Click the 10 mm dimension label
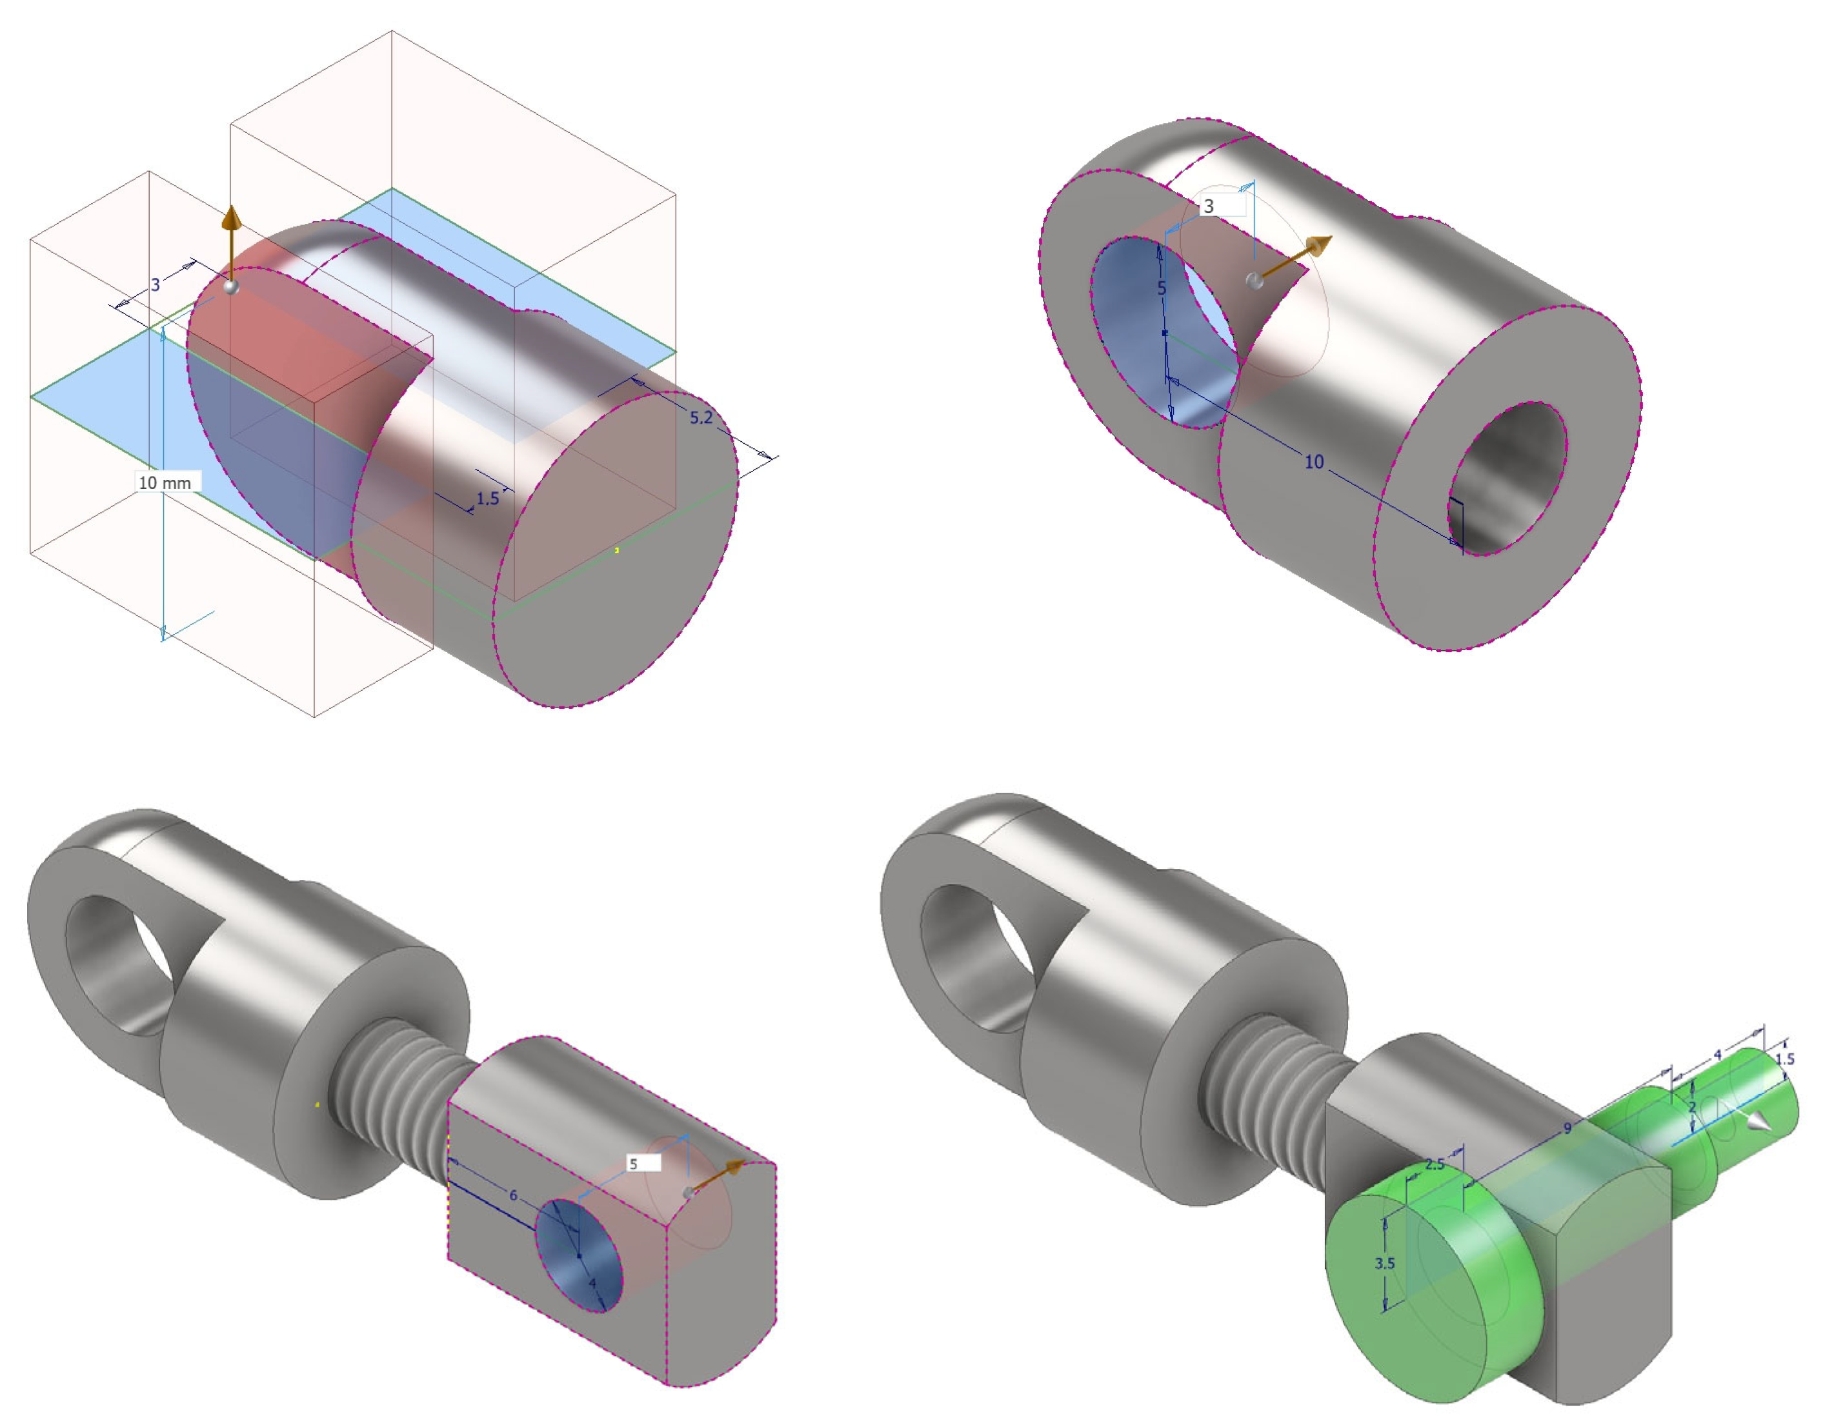pos(165,482)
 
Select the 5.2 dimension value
pos(701,417)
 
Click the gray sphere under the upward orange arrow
pos(231,285)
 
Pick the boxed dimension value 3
pos(1209,205)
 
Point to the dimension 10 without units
pos(1314,461)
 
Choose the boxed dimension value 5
pos(634,1163)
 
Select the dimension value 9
pos(1567,1128)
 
